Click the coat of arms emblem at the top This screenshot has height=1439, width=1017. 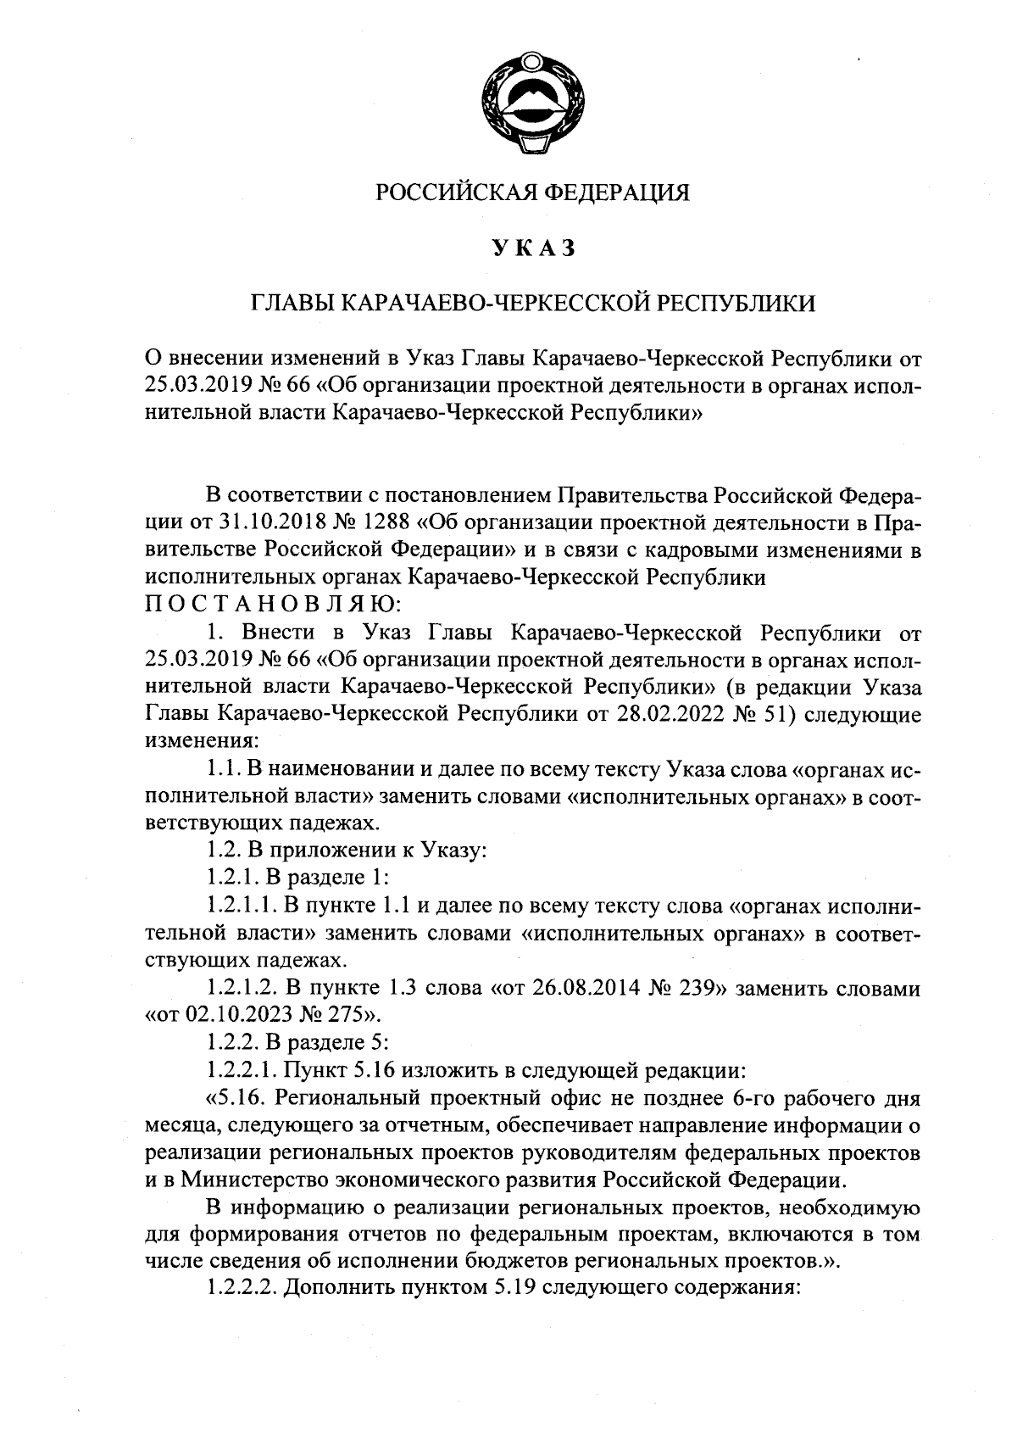click(532, 104)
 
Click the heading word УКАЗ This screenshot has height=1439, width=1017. click(532, 248)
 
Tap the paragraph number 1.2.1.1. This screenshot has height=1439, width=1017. click(243, 906)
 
